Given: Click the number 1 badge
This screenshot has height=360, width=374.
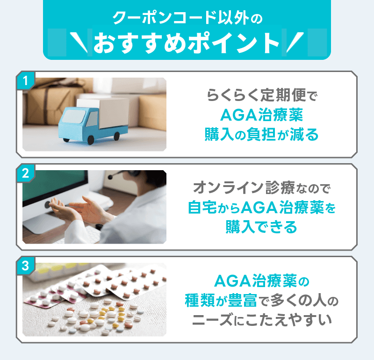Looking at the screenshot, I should (x=26, y=81).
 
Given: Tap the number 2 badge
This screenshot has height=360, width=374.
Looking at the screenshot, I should (x=26, y=173).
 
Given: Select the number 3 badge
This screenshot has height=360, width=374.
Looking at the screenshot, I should (x=26, y=266).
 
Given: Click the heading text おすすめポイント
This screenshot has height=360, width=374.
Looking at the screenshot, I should (x=187, y=43).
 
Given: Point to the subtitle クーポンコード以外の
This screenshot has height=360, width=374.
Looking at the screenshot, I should (x=187, y=19).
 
